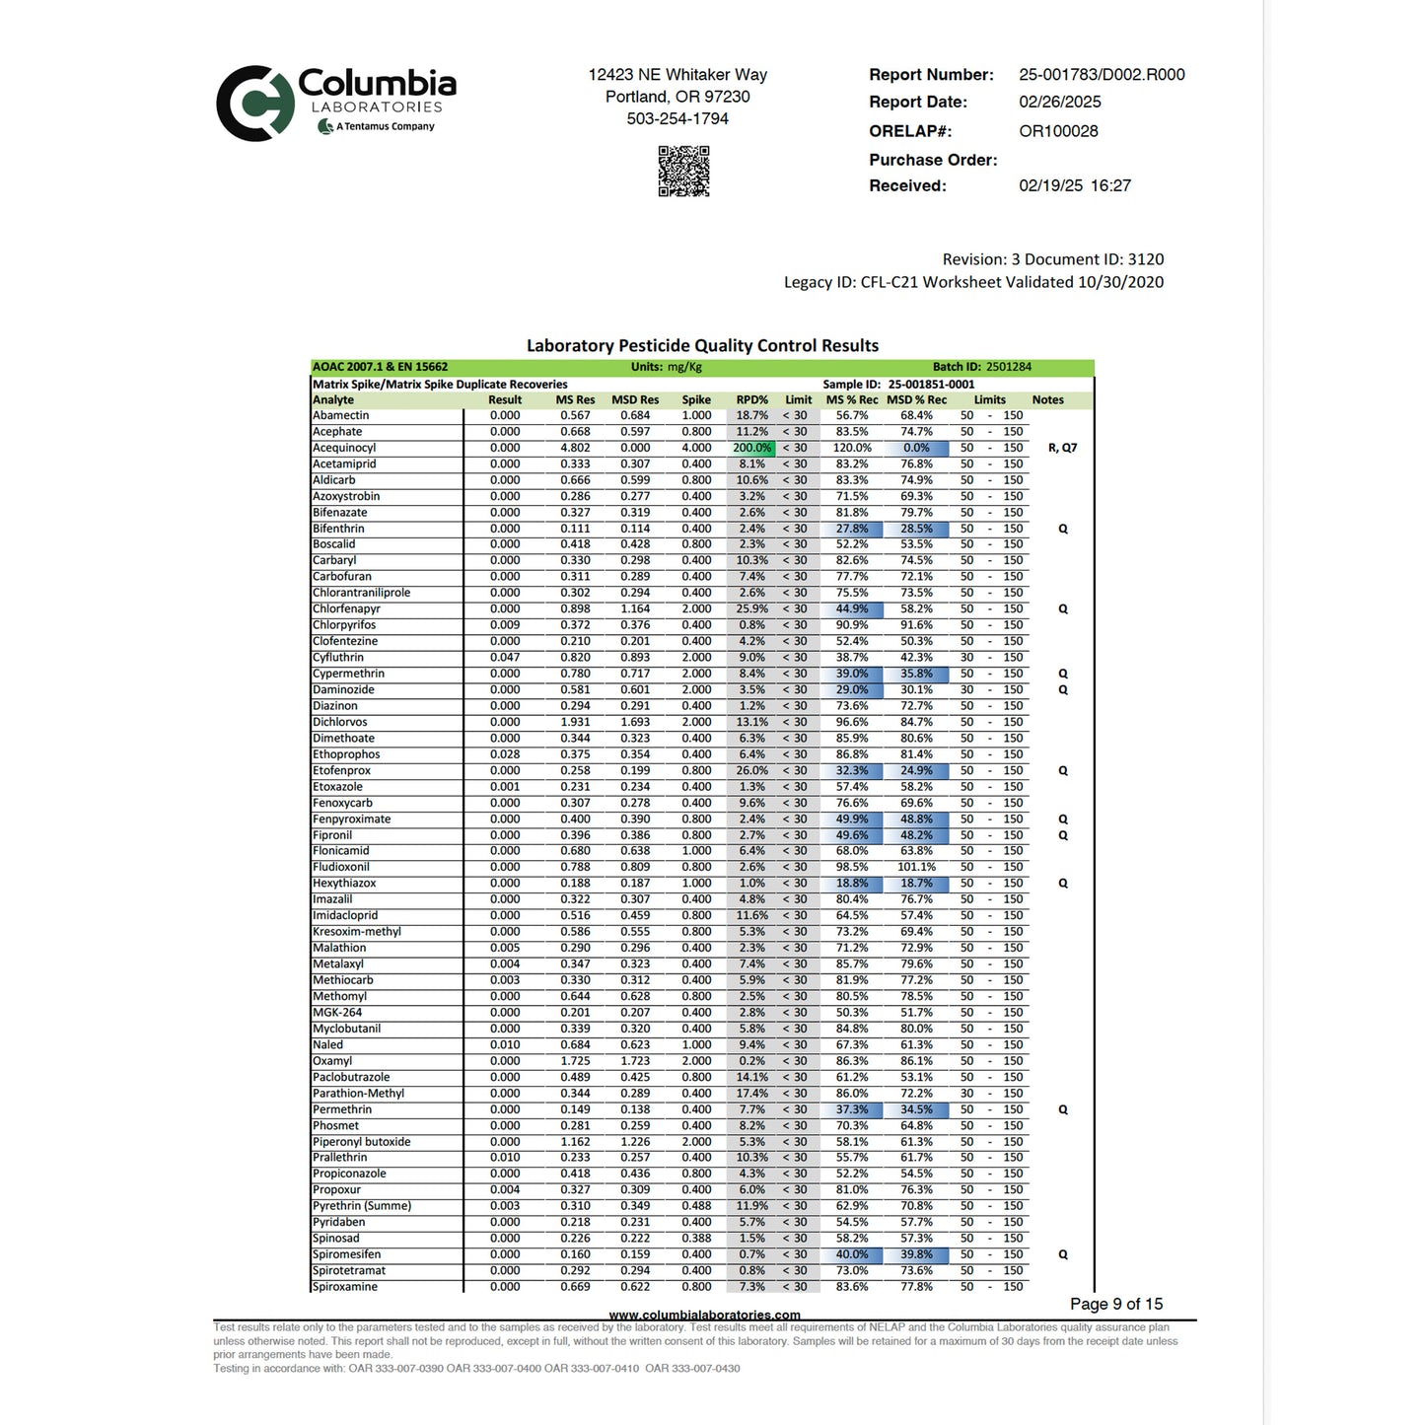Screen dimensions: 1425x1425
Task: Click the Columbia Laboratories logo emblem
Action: click(x=255, y=104)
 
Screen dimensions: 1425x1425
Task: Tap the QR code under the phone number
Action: click(x=683, y=171)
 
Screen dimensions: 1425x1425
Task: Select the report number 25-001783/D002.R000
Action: click(x=1102, y=75)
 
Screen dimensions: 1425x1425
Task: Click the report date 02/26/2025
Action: click(x=1060, y=103)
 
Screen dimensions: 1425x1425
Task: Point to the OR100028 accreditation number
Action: click(x=1058, y=131)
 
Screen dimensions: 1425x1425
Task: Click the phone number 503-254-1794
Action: click(x=677, y=119)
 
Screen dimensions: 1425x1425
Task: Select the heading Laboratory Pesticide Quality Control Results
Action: click(x=702, y=346)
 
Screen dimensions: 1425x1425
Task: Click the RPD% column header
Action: click(x=751, y=400)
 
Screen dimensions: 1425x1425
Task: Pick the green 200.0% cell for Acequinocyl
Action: click(x=751, y=449)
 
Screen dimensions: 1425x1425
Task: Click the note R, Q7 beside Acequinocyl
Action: click(x=1062, y=449)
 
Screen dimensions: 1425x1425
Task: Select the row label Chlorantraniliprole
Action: click(x=361, y=594)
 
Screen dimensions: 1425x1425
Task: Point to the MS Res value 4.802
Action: click(x=575, y=449)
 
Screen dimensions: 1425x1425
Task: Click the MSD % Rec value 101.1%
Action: click(x=916, y=868)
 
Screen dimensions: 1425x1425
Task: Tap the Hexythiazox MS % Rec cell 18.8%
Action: click(x=852, y=884)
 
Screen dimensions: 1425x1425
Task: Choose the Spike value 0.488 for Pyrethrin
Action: click(x=695, y=1206)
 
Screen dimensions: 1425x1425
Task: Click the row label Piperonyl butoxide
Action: click(x=361, y=1142)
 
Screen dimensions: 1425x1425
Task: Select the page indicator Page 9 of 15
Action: click(x=1116, y=1305)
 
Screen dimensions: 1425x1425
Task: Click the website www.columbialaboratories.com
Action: click(x=704, y=1316)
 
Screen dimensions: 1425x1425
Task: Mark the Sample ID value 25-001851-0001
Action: click(x=931, y=385)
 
